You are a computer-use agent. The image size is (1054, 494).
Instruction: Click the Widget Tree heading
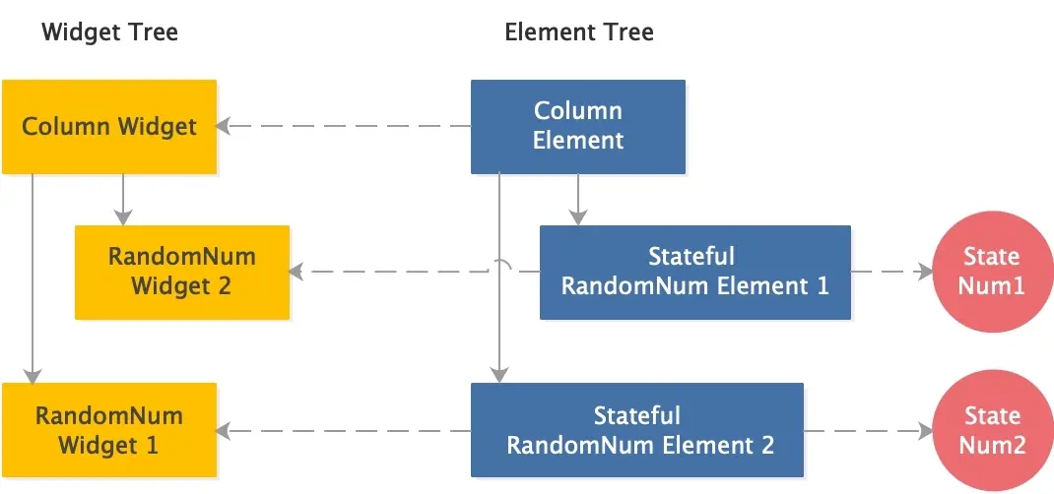pyautogui.click(x=109, y=32)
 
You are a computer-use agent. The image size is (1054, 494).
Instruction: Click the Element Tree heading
pyautogui.click(x=578, y=32)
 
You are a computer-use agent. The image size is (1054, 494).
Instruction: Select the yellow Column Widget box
pyautogui.click(x=108, y=127)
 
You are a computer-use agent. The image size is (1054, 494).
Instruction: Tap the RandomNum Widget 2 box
pyautogui.click(x=182, y=272)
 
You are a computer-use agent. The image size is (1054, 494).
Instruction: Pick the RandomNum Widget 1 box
pyautogui.click(x=108, y=430)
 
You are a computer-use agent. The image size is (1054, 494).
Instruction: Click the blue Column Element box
pyautogui.click(x=578, y=126)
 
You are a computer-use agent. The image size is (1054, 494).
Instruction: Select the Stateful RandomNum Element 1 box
pyautogui.click(x=694, y=272)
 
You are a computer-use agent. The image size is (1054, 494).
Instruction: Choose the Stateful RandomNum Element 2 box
pyautogui.click(x=637, y=431)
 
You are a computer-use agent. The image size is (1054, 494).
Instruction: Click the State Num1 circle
pyautogui.click(x=991, y=272)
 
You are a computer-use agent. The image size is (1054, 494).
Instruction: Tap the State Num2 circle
pyautogui.click(x=991, y=431)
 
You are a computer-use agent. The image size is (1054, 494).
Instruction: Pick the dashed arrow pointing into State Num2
pyautogui.click(x=867, y=431)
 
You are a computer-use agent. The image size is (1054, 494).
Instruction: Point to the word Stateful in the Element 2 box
pyautogui.click(x=637, y=416)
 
